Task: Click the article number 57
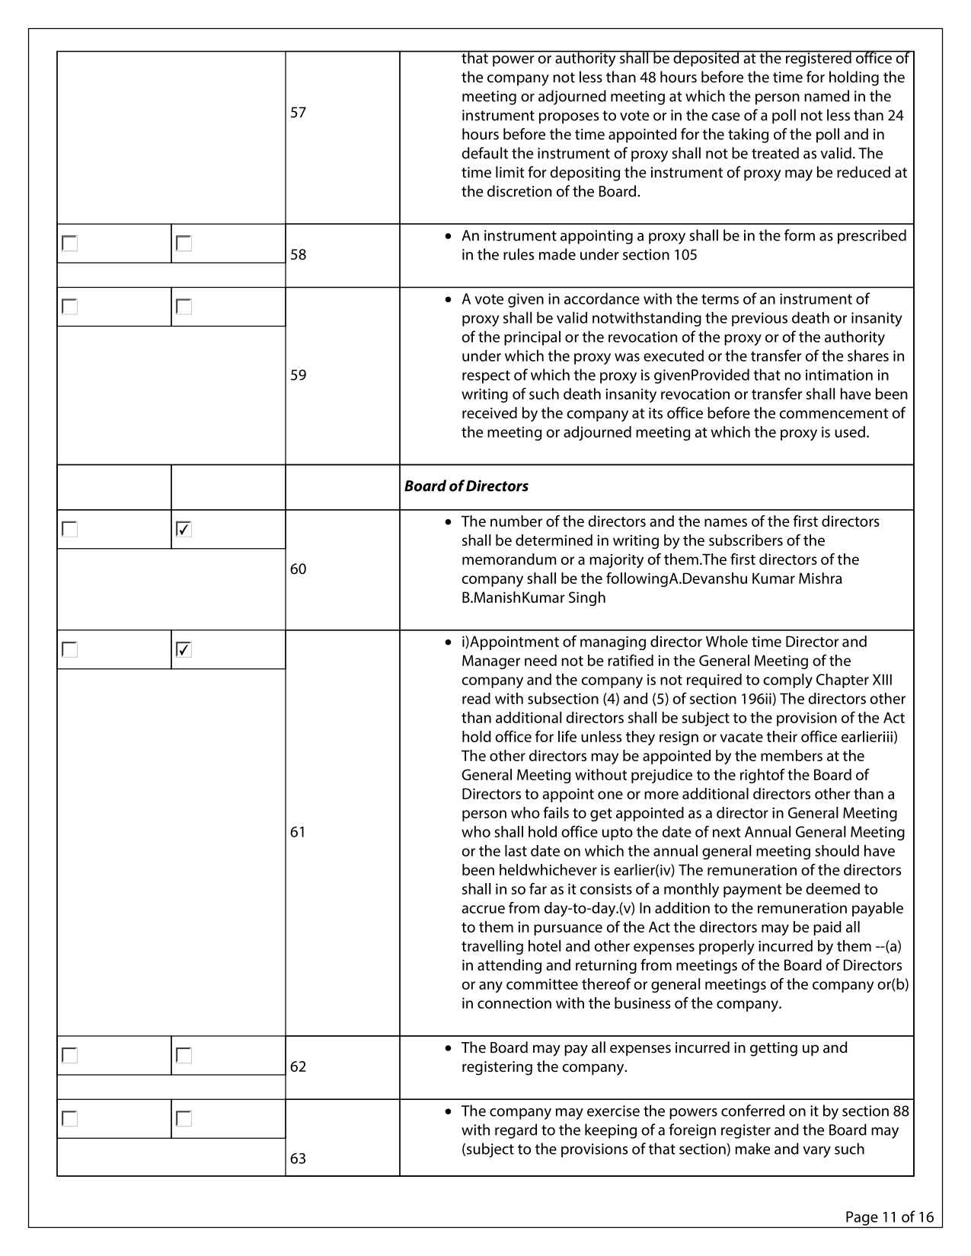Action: click(298, 113)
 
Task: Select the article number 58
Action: click(298, 255)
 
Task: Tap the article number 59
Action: click(298, 375)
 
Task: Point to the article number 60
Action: click(298, 569)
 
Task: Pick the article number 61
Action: click(298, 832)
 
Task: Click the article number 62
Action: click(298, 1067)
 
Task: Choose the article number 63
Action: click(298, 1159)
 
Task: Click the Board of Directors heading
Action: click(466, 486)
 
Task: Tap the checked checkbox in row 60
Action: click(184, 529)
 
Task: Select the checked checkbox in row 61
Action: click(184, 649)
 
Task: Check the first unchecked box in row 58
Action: click(70, 244)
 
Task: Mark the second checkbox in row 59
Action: click(184, 307)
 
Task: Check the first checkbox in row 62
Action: click(70, 1056)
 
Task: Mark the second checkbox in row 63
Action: click(184, 1119)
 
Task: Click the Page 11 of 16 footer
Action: click(889, 1216)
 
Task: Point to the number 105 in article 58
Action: click(685, 255)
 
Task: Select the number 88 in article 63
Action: click(900, 1111)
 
